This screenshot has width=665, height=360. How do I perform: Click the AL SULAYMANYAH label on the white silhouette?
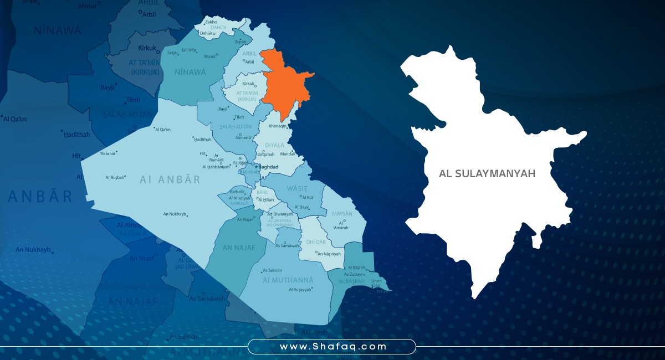click(487, 174)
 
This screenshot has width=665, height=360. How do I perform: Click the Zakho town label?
click(211, 22)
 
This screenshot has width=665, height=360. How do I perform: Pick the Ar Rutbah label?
click(115, 177)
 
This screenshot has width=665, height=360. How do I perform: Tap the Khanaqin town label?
click(278, 126)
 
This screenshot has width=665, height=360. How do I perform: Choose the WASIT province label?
click(297, 189)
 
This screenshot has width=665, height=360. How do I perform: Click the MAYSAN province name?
click(342, 214)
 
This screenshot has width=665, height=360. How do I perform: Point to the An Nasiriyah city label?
click(329, 254)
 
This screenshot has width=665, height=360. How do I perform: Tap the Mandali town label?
click(287, 154)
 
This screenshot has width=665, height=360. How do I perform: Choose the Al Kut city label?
click(308, 197)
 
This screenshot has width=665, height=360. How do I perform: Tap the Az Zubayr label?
click(353, 274)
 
